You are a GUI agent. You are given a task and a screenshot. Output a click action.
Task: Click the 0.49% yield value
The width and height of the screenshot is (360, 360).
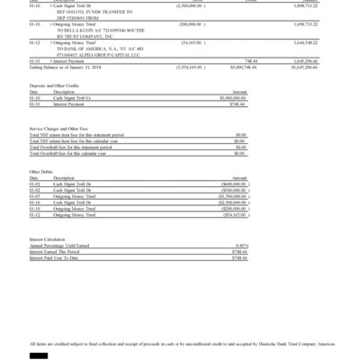click(239, 246)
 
